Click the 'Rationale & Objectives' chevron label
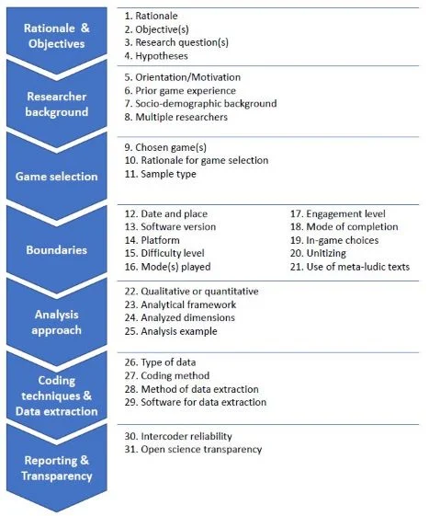click(57, 36)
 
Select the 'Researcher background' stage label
click(57, 104)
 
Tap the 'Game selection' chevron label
click(57, 177)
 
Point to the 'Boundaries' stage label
click(57, 250)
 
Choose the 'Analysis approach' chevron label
click(57, 322)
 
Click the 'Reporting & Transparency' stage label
click(57, 468)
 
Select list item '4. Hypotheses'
click(156, 56)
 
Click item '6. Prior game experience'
click(180, 90)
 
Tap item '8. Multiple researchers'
click(175, 117)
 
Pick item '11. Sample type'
click(161, 174)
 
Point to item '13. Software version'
click(170, 227)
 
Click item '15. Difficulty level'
click(164, 253)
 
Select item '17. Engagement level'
click(338, 214)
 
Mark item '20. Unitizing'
click(318, 253)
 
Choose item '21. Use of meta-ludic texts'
click(350, 267)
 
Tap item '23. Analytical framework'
click(180, 304)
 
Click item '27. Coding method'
click(167, 375)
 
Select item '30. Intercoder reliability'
click(178, 436)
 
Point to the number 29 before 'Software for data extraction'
click(131, 402)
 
